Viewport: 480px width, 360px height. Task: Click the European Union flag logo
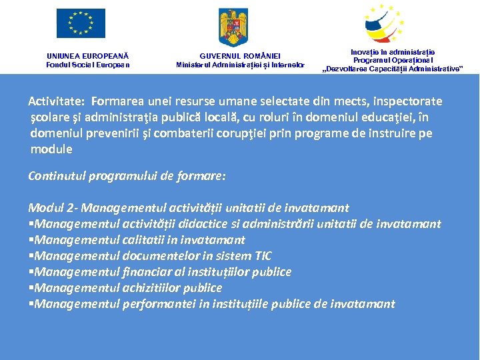[x=81, y=23]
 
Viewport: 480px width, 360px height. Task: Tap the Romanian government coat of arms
[x=233, y=27]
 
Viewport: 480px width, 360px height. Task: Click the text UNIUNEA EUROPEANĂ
[x=88, y=56]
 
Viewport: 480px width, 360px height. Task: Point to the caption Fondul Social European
[x=88, y=65]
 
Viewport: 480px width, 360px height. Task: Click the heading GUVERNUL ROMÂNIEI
[x=240, y=56]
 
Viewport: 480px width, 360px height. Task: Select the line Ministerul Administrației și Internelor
[x=240, y=65]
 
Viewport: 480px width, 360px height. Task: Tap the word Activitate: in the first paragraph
[x=56, y=101]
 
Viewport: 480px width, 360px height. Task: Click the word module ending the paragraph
[x=51, y=149]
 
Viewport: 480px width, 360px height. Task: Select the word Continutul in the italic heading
[x=59, y=176]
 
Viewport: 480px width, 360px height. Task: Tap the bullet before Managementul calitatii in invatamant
[x=31, y=240]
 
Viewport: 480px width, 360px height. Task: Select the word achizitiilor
[x=157, y=288]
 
